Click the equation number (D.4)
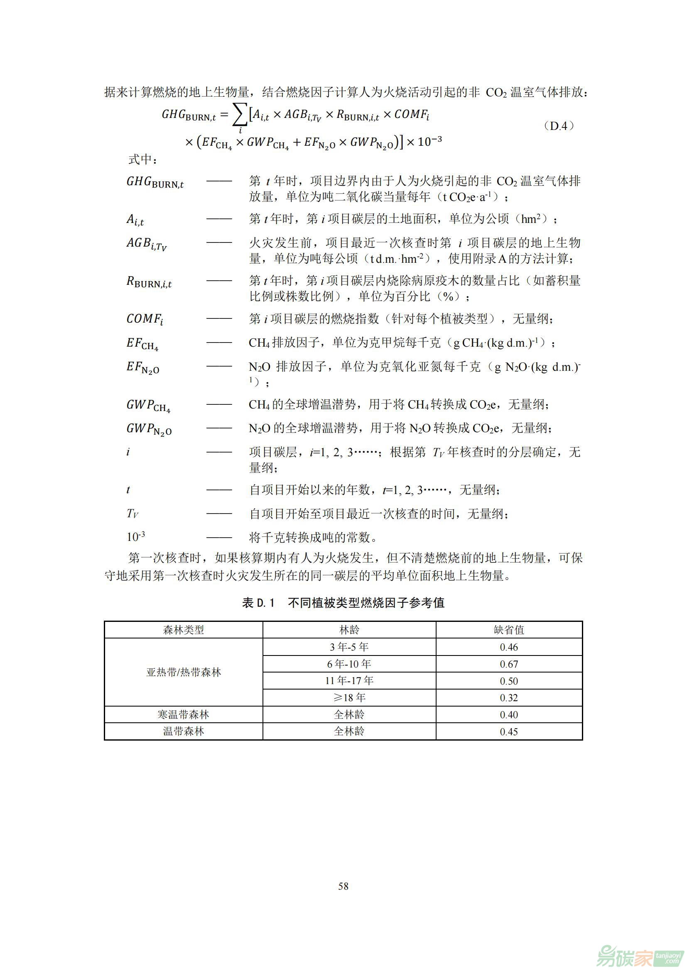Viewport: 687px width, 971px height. tap(558, 126)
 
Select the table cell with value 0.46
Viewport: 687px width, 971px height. tap(508, 647)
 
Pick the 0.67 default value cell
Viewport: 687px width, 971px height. tap(508, 664)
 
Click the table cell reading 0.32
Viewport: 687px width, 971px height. tap(508, 698)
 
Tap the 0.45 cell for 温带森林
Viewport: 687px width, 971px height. tap(508, 731)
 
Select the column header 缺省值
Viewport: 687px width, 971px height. tap(508, 630)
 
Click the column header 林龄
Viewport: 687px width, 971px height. tap(349, 630)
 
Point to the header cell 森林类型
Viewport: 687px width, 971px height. tap(183, 630)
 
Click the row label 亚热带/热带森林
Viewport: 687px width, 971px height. tap(183, 673)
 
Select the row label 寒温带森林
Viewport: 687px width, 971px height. tap(183, 715)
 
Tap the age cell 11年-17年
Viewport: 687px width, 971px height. tap(349, 681)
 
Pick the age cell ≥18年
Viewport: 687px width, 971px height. tap(349, 698)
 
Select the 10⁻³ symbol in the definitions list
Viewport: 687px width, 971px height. tap(136, 537)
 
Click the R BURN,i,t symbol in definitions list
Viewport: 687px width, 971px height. tap(149, 282)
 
